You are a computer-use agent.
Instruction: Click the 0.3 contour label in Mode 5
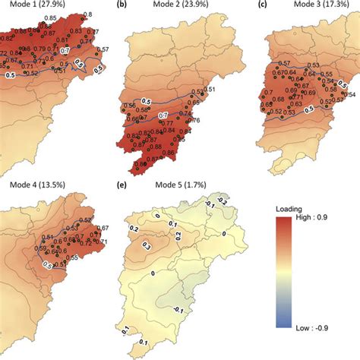pos(147,247)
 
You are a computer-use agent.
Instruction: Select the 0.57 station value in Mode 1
pos(103,49)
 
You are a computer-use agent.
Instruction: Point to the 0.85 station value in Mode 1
pos(51,16)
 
